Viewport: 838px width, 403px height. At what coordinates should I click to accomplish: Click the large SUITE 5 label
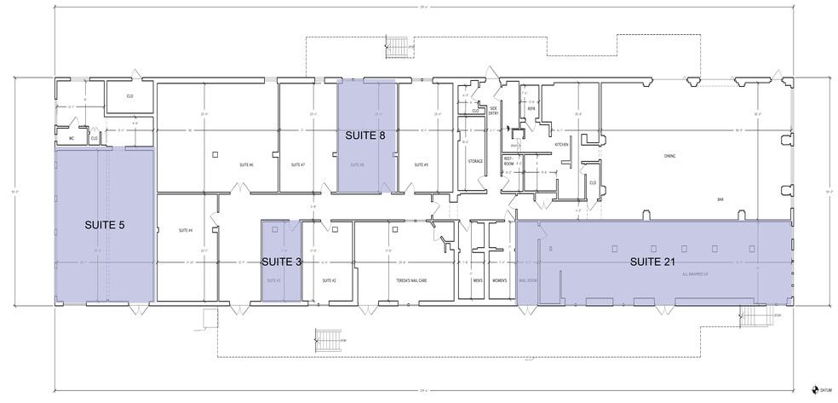(x=104, y=225)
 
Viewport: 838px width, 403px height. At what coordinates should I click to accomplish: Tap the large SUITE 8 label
(x=365, y=135)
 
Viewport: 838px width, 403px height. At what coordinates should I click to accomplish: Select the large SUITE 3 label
(x=281, y=262)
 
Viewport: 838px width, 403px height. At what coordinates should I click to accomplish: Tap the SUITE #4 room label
(x=186, y=230)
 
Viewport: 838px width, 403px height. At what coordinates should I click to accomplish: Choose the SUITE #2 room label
(x=329, y=279)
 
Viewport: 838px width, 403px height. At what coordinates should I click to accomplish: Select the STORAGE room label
(x=475, y=160)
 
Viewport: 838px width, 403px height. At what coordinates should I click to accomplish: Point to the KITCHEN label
(x=561, y=145)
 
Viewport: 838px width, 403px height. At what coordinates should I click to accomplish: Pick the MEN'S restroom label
(x=477, y=279)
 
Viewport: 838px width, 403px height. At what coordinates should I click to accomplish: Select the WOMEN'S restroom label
(x=499, y=279)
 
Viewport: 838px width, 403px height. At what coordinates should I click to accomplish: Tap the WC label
(x=72, y=136)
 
